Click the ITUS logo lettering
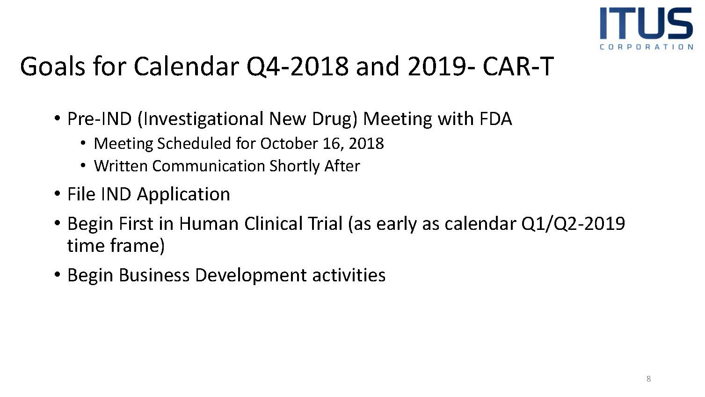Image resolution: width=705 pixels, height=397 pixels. [x=646, y=23]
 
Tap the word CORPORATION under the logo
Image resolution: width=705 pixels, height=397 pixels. [x=646, y=47]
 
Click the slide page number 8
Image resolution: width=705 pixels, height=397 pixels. [x=648, y=379]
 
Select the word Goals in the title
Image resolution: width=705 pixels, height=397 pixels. [x=52, y=66]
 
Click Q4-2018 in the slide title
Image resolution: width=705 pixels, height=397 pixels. [x=297, y=67]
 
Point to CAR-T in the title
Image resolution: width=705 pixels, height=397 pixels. [x=518, y=66]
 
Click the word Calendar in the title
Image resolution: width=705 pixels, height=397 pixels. [x=186, y=66]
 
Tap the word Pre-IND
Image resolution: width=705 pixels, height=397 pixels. [x=100, y=119]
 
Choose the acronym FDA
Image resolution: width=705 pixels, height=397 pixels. [x=496, y=119]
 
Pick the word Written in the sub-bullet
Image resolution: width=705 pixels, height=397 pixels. [x=121, y=166]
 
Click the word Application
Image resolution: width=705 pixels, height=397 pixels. [x=183, y=195]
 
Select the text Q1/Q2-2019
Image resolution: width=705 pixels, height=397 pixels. [x=573, y=224]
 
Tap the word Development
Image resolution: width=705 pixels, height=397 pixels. [x=251, y=276]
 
